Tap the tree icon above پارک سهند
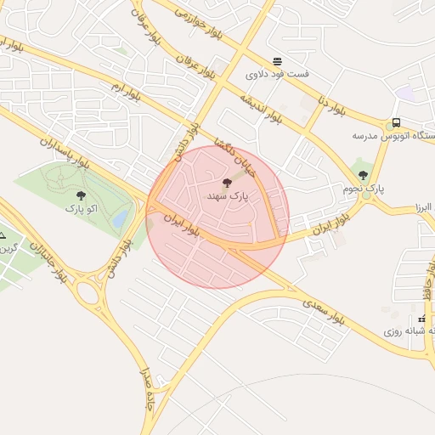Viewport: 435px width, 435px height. point(226,183)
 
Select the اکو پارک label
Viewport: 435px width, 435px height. point(81,207)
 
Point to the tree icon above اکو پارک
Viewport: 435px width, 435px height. point(81,195)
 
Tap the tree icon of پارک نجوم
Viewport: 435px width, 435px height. point(363,175)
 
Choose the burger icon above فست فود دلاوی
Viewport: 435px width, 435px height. point(277,61)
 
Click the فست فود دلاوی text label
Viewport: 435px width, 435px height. point(278,74)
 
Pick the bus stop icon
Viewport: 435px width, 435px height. point(396,122)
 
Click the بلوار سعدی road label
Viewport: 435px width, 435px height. point(324,310)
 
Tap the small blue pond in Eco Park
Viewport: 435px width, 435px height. point(121,220)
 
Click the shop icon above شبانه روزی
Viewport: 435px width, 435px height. point(421,319)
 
